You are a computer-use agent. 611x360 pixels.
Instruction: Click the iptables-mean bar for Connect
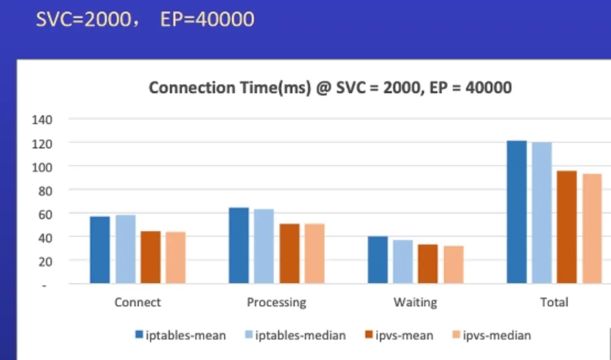(x=100, y=250)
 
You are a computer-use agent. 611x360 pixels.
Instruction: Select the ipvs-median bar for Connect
(x=175, y=257)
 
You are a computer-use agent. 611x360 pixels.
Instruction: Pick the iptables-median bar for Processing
(x=264, y=246)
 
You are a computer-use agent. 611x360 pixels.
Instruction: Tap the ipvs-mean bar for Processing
(x=289, y=253)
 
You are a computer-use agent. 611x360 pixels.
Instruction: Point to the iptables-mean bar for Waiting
(x=378, y=259)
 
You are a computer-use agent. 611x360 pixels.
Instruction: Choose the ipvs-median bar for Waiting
(x=453, y=264)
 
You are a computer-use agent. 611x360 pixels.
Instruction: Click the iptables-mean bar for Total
(x=517, y=212)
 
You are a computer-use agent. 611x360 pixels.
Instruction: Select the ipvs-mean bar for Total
(x=567, y=227)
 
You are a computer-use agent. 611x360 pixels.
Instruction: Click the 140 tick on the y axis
(x=42, y=119)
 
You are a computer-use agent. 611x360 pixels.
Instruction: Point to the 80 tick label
(x=45, y=190)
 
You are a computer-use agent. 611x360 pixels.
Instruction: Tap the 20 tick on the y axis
(x=45, y=261)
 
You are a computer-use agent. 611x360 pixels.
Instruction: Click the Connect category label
(x=137, y=302)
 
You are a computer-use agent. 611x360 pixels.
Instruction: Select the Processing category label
(x=277, y=302)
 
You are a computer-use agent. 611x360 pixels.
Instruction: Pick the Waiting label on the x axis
(x=415, y=302)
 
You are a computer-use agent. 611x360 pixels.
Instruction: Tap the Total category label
(x=554, y=302)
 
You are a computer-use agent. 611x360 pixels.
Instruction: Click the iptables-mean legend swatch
(x=139, y=335)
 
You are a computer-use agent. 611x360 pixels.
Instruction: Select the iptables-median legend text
(x=300, y=335)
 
